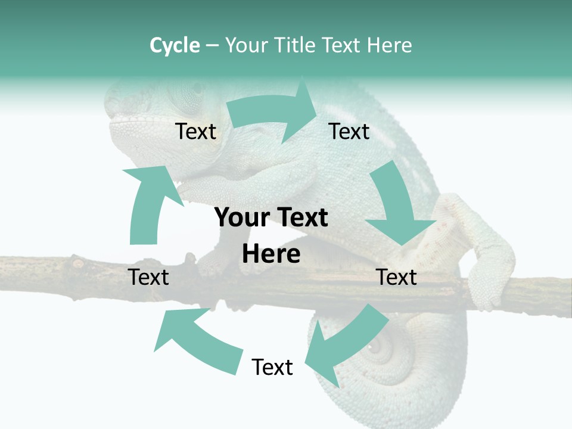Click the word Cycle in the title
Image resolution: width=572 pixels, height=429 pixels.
(175, 45)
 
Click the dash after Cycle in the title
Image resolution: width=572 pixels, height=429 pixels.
(212, 45)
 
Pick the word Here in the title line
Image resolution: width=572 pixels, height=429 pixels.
(390, 45)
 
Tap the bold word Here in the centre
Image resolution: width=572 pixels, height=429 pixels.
(271, 254)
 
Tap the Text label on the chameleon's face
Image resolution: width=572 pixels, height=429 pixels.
(196, 132)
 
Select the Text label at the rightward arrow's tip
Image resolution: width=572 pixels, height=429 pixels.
(349, 132)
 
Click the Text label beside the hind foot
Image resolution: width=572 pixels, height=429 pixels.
(397, 277)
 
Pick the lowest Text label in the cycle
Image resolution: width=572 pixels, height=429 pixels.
(272, 367)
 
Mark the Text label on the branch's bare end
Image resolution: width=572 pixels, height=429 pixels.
(148, 277)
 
